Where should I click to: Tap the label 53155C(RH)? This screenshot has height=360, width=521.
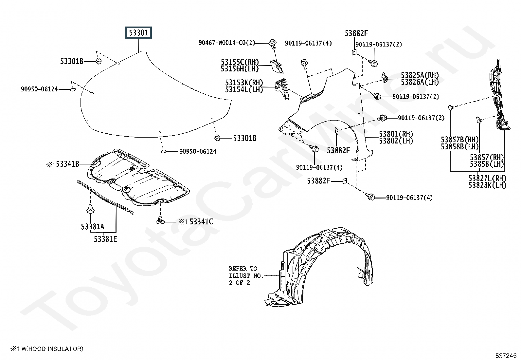[x=240, y=62]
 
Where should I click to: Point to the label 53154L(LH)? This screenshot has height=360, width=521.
[x=244, y=89]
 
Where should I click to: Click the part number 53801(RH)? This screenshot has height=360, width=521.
[x=396, y=134]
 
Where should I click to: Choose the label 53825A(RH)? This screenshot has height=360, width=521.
[x=420, y=75]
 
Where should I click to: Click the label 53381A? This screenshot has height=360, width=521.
[x=93, y=226]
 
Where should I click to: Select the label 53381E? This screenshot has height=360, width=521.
[x=105, y=239]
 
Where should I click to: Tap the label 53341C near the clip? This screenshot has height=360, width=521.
[x=201, y=222]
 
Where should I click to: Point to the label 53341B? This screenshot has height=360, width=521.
[x=67, y=164]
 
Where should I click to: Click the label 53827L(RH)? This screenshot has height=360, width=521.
[x=487, y=179]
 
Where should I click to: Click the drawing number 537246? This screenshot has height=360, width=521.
[x=506, y=355]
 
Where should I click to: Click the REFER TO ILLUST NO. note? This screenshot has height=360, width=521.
[x=245, y=275]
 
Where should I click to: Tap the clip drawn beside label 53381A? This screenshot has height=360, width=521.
[x=91, y=209]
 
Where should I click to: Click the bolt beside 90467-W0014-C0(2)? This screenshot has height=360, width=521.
[x=272, y=43]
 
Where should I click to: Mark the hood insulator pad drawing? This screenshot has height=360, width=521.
[x=137, y=179]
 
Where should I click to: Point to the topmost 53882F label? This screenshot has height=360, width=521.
[x=356, y=33]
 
